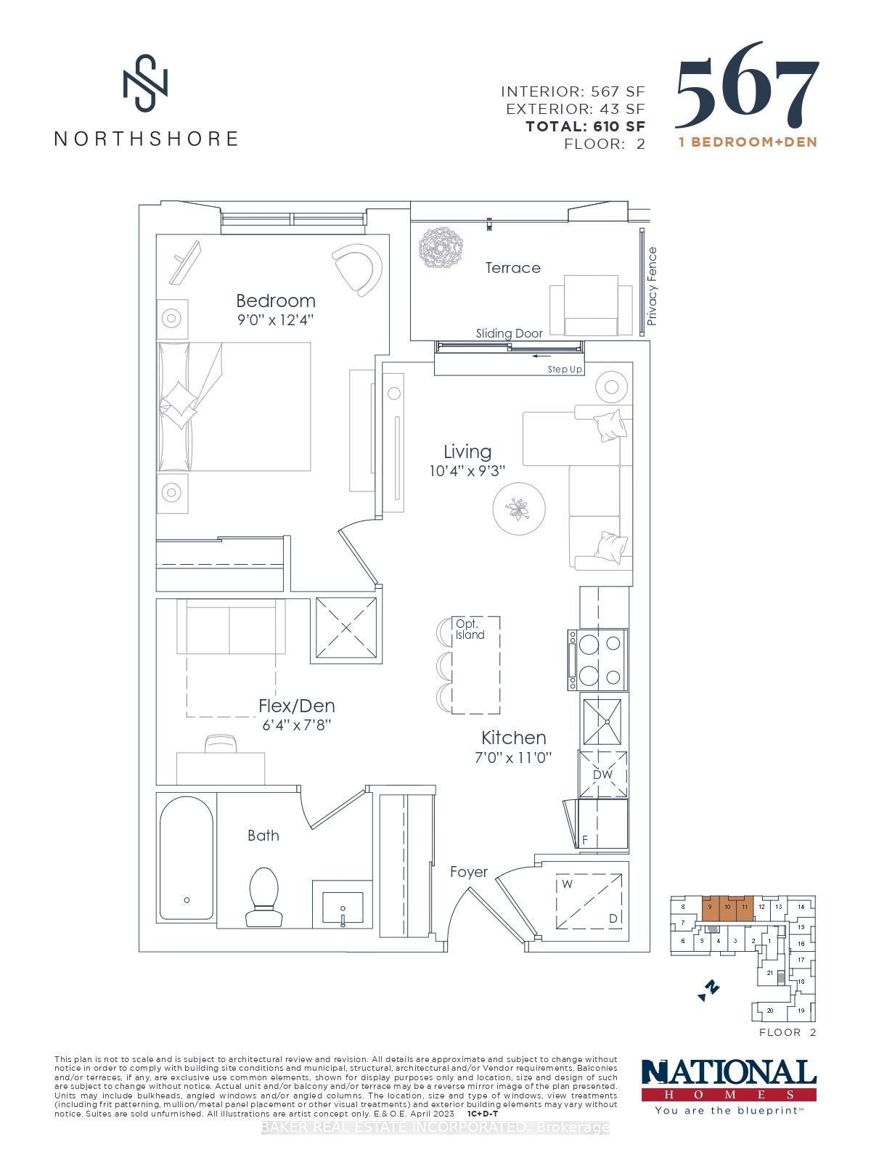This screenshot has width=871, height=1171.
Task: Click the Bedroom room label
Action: click(x=276, y=301)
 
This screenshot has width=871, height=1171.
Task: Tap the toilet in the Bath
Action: click(x=263, y=897)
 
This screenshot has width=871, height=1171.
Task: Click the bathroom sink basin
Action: click(x=342, y=907)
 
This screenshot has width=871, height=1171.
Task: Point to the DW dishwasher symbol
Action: click(x=602, y=775)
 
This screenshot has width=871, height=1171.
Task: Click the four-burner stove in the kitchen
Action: click(x=597, y=660)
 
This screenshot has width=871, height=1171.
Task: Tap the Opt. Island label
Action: click(x=470, y=629)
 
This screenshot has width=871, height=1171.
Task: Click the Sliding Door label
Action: click(x=509, y=333)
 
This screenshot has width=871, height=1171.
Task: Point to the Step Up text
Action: click(x=565, y=370)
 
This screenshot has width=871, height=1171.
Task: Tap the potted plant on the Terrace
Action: click(x=441, y=249)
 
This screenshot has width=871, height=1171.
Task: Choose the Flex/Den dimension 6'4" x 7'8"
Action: click(x=297, y=725)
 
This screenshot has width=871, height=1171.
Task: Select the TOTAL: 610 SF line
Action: click(x=585, y=126)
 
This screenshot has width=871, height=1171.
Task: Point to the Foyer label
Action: click(x=468, y=872)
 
